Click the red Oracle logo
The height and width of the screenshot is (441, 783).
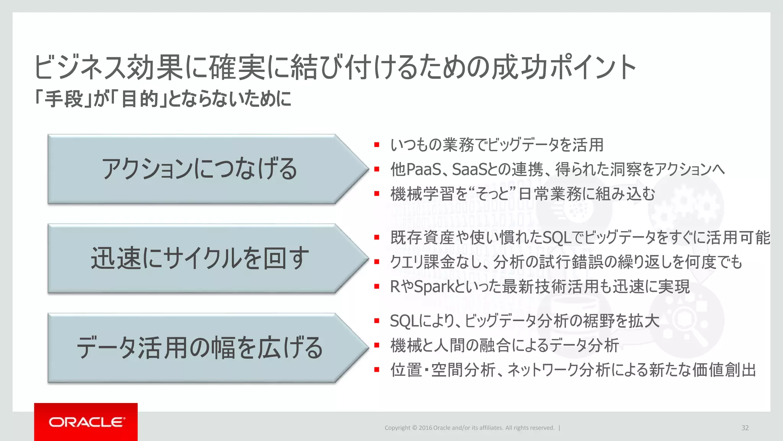[x=86, y=422]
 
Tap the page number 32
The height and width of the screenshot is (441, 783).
[x=745, y=428]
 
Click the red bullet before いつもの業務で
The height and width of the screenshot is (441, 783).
[x=377, y=145]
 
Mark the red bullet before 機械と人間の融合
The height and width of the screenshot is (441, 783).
[x=377, y=345]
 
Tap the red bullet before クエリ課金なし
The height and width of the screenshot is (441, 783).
[x=377, y=262]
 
